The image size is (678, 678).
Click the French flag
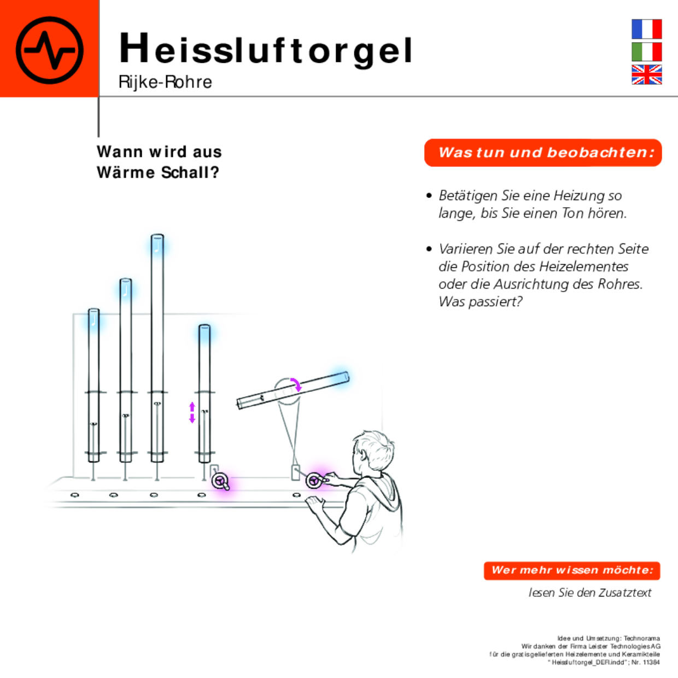pos(646,29)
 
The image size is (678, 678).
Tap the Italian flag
pos(646,52)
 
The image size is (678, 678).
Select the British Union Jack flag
pos(646,74)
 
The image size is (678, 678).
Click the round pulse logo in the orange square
pos(50,50)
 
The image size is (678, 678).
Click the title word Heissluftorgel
pos(266,49)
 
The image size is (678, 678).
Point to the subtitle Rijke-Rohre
pos(165,82)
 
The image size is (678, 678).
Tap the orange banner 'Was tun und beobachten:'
pos(543,153)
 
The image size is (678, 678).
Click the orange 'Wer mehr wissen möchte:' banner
pos(572,570)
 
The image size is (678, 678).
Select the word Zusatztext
pos(625,593)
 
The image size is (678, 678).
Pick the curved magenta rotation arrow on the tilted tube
pos(296,384)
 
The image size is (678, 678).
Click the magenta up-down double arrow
pos(192,412)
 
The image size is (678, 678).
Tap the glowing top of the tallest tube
pos(157,244)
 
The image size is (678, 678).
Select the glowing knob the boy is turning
pos(314,481)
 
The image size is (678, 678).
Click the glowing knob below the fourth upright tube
pos(221,482)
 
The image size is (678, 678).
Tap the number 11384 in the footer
pos(651,662)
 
